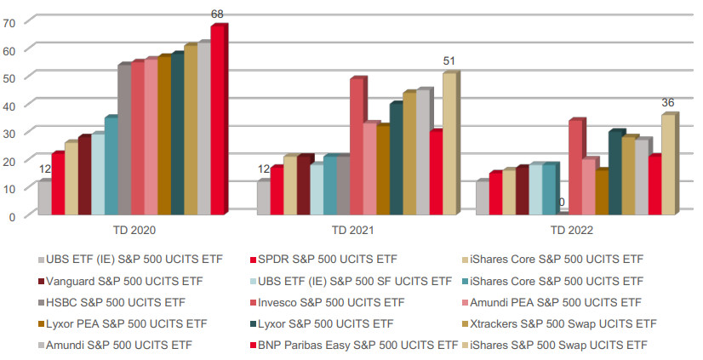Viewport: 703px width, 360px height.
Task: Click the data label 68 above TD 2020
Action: pyautogui.click(x=218, y=14)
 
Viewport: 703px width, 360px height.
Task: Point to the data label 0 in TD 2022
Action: pyautogui.click(x=561, y=203)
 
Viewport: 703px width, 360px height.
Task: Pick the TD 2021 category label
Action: pyautogui.click(x=352, y=230)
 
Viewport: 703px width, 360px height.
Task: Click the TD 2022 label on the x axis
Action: pyautogui.click(x=572, y=230)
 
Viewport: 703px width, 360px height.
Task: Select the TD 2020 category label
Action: pyautogui.click(x=134, y=230)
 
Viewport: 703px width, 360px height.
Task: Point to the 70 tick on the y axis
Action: pyautogui.click(x=9, y=23)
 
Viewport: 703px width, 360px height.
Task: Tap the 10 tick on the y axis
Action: pyautogui.click(x=9, y=188)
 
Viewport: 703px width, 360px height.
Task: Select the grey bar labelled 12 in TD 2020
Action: pyautogui.click(x=43, y=197)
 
